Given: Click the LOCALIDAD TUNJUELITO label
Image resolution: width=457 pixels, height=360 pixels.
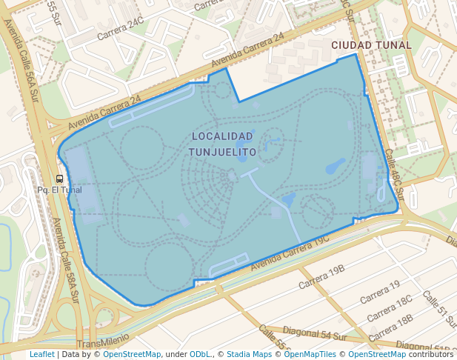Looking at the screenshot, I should coord(224,144).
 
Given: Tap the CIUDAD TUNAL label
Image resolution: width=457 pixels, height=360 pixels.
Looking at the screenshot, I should coord(371,45).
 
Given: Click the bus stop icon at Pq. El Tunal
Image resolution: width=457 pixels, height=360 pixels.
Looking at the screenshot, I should coord(59,179).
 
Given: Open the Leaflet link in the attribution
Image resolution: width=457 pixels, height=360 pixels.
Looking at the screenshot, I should coord(41,354).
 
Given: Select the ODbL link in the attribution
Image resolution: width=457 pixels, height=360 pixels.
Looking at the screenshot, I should coord(201,354).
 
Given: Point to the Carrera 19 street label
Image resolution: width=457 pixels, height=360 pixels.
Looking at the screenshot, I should coord(379,291).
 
